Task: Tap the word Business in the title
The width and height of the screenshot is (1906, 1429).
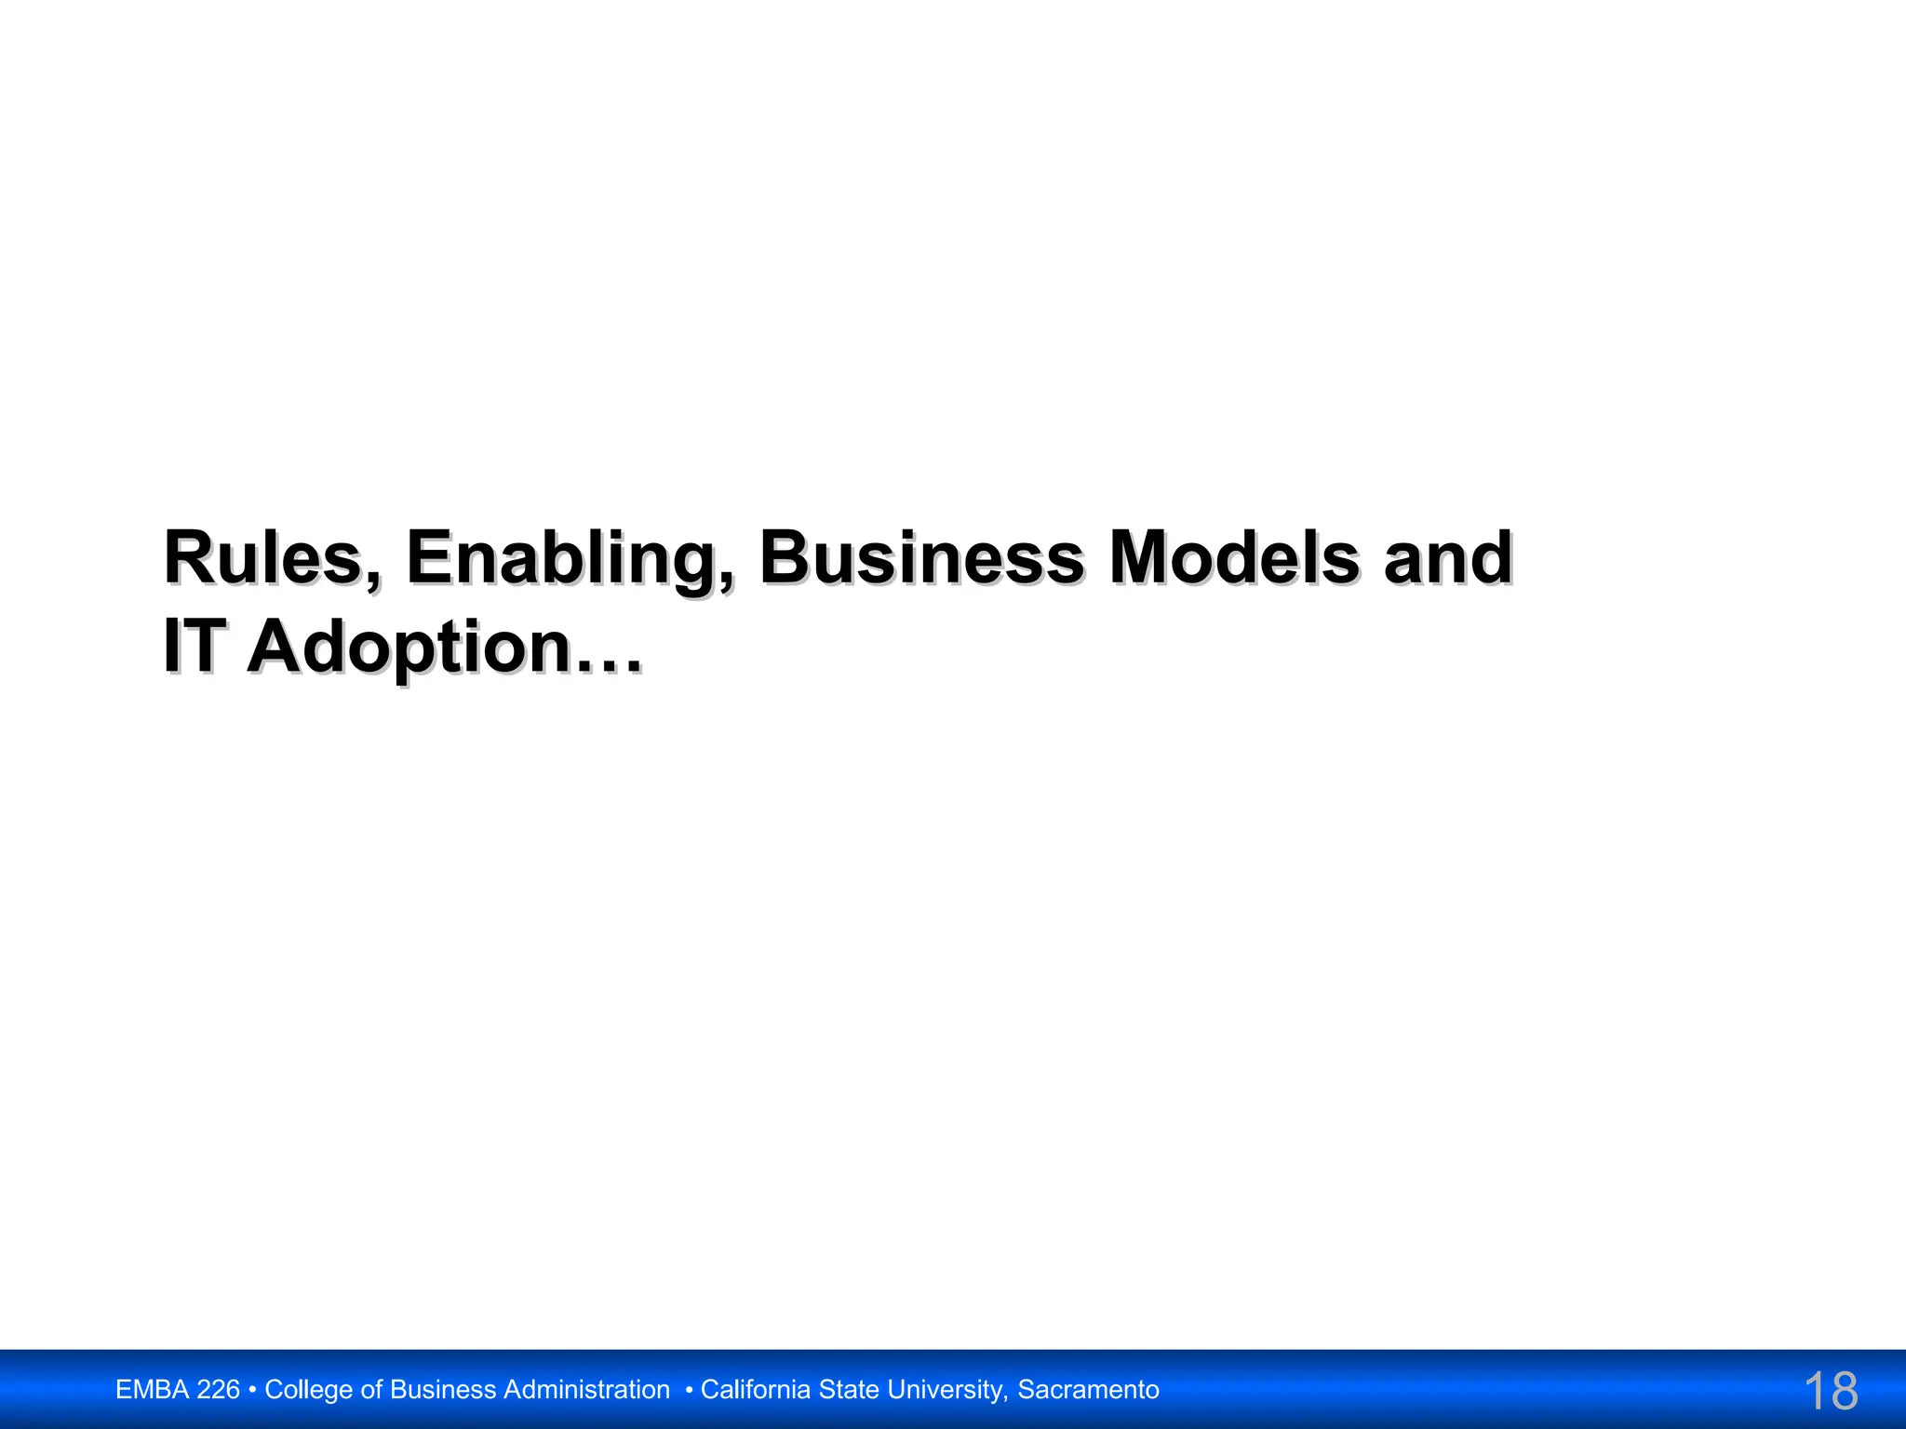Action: pyautogui.click(x=921, y=558)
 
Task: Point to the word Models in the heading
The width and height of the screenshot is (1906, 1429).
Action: pyautogui.click(x=1234, y=558)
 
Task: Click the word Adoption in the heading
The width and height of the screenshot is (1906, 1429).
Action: pyautogui.click(x=409, y=648)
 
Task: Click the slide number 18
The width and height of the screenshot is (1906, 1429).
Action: pyautogui.click(x=1830, y=1391)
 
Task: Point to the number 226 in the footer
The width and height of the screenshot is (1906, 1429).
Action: pyautogui.click(x=219, y=1390)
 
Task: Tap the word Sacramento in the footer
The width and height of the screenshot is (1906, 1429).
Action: pyautogui.click(x=1088, y=1390)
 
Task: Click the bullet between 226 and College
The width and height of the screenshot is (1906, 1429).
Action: pyautogui.click(x=253, y=1390)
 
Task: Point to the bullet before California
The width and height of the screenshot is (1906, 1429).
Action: pyautogui.click(x=689, y=1390)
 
